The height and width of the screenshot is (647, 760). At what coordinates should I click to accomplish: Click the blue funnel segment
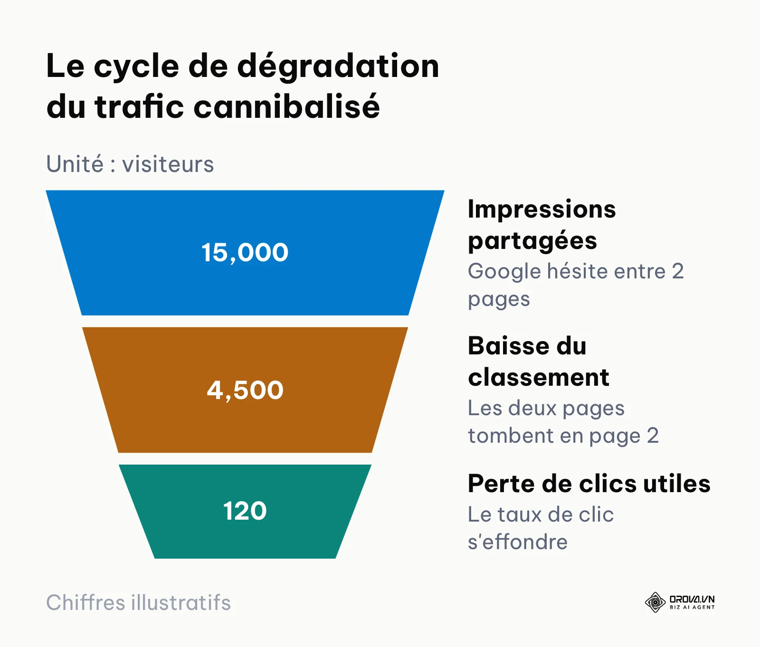tap(245, 253)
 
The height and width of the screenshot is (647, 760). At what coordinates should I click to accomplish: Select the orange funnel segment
tap(245, 390)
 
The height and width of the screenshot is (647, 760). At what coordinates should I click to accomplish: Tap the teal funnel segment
tap(245, 512)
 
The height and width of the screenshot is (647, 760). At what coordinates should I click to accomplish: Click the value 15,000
tap(245, 252)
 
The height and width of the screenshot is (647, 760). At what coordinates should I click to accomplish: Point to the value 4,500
tap(245, 390)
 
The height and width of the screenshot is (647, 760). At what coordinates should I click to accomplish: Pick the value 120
tap(245, 511)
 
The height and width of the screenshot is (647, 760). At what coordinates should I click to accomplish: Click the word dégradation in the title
tap(338, 67)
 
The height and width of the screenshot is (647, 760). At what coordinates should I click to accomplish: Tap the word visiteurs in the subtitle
tap(168, 164)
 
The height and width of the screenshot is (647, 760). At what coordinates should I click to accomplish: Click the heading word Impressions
tap(542, 210)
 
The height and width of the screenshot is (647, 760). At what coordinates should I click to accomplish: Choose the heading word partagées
tap(532, 241)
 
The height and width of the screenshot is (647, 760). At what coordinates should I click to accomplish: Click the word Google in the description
tap(504, 272)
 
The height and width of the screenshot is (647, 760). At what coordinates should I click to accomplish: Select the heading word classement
tap(539, 378)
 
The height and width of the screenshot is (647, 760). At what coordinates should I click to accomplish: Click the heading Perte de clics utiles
tap(589, 484)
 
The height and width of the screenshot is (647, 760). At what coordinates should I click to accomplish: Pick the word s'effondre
tap(518, 542)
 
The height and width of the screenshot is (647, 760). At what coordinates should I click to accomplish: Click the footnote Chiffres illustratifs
tap(139, 603)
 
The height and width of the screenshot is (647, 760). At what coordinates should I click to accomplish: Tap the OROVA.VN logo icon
tap(655, 602)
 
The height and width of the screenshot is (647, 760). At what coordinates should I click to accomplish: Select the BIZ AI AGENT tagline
tap(692, 607)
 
